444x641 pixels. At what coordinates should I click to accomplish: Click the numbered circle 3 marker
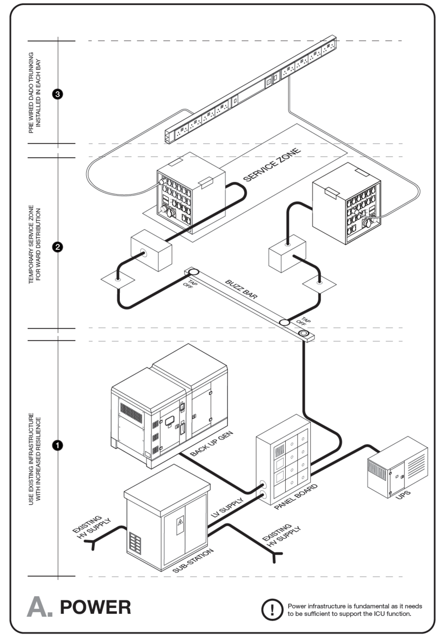[57, 94]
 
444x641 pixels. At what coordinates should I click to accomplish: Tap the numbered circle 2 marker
[57, 247]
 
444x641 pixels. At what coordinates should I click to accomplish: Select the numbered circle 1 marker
[57, 445]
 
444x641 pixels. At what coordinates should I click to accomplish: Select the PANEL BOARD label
[296, 496]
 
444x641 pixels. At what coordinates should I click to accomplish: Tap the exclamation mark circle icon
[271, 609]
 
